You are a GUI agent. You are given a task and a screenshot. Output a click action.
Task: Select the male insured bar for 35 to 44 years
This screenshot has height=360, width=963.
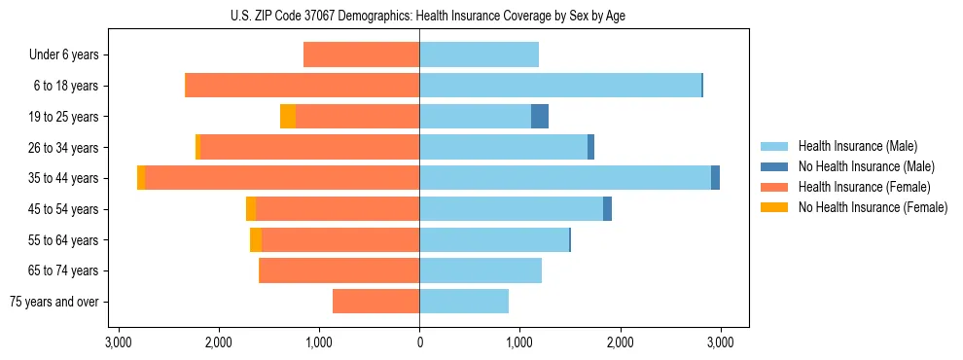565,178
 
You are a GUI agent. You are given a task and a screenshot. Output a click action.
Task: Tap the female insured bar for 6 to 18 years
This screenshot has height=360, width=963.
302,86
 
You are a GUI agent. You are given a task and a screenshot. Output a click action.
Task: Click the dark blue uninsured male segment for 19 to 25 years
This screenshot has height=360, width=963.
540,117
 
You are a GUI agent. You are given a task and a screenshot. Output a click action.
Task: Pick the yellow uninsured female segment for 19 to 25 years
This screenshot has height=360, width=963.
288,117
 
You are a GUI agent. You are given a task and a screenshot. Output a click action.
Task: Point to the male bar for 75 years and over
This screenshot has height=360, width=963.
464,302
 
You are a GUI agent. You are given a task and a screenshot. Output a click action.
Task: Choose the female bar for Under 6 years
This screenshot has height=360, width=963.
361,54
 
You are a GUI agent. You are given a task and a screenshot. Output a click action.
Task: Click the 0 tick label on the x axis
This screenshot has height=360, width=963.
419,342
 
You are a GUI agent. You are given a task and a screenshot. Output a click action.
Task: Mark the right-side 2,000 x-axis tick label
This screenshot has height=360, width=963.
620,342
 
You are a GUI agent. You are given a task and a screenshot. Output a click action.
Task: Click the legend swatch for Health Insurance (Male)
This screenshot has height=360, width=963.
774,146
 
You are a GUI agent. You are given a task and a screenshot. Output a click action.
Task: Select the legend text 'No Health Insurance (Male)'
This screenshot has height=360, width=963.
866,166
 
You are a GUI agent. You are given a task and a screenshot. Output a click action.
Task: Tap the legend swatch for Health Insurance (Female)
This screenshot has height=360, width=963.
774,187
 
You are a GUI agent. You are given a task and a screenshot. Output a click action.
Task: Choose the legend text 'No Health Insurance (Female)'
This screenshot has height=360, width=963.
873,207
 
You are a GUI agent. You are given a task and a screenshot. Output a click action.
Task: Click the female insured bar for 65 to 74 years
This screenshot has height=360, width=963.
339,270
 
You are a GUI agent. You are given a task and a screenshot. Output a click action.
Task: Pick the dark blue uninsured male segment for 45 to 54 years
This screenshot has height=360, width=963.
607,209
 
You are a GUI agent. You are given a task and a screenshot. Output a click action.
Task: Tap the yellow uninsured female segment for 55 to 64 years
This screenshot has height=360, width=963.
256,240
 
